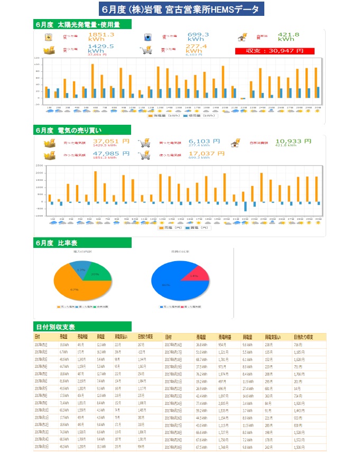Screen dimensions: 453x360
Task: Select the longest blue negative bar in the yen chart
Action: coord(245,206)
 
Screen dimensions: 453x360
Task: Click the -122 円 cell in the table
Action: coord(140,352)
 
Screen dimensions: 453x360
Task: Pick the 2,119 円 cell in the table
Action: coord(81,381)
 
